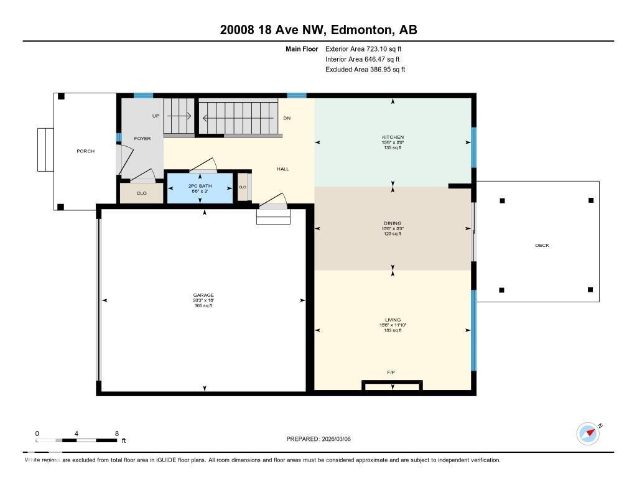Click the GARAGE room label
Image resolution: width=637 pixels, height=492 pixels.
tap(203, 295)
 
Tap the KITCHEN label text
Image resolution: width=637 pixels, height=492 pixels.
tap(393, 137)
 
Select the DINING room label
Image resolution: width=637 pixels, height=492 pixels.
tap(393, 223)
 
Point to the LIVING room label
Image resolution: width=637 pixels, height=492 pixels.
tap(393, 320)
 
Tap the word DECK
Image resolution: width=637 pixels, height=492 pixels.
tap(542, 246)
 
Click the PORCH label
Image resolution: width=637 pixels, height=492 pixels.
tap(85, 151)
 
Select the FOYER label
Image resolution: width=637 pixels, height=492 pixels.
tap(142, 139)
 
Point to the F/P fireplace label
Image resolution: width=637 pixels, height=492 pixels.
tap(391, 372)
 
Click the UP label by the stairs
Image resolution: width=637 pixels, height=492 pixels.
tap(156, 116)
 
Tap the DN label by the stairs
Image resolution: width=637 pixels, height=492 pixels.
tap(287, 118)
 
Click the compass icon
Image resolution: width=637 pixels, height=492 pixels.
tap(588, 434)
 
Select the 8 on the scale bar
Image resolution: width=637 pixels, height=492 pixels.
tap(116, 434)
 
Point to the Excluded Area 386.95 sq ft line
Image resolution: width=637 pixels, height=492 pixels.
tap(365, 70)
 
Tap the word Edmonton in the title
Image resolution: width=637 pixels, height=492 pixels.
tap(362, 30)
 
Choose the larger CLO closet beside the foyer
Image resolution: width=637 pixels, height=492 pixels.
tap(142, 193)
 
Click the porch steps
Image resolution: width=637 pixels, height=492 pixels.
tap(45, 150)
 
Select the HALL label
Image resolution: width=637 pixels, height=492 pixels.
tap(283, 169)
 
